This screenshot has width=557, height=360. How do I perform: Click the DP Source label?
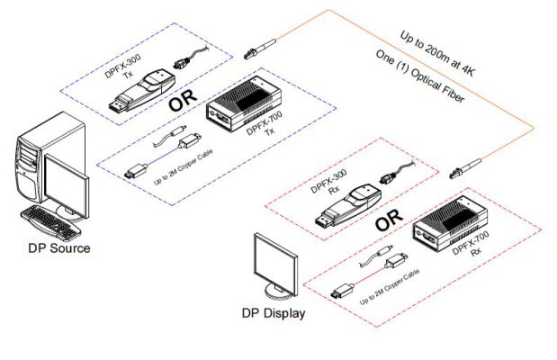click(57, 247)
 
